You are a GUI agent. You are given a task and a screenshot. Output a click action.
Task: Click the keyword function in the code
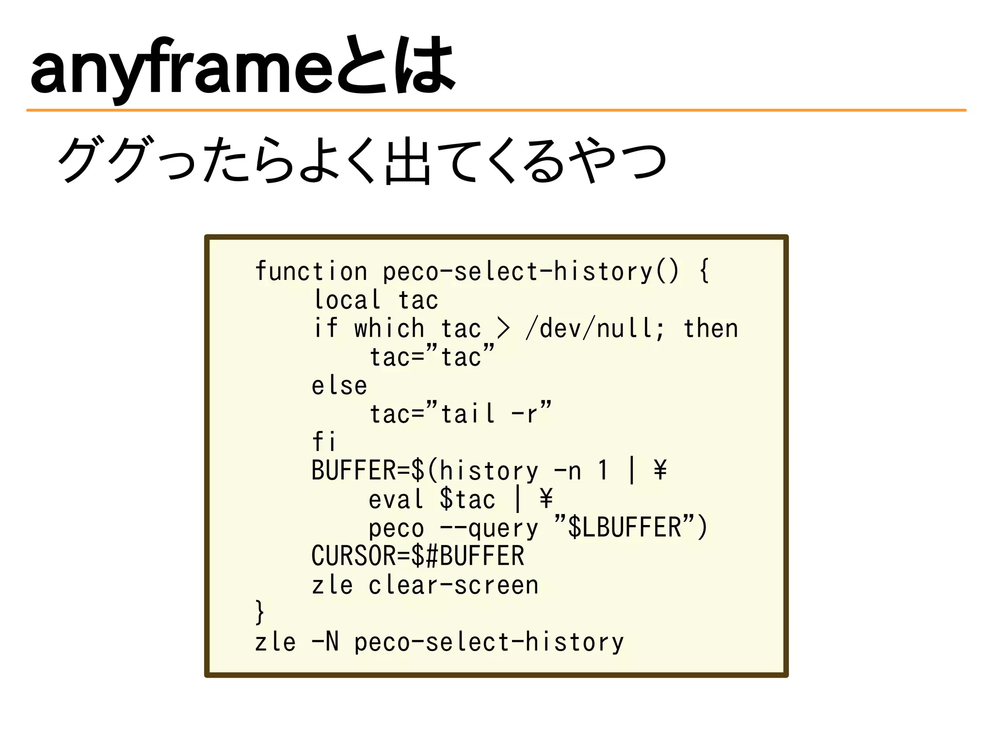[x=311, y=271]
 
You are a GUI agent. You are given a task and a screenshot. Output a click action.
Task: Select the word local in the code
[x=347, y=300]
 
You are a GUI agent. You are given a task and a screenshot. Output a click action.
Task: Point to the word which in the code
[x=389, y=328]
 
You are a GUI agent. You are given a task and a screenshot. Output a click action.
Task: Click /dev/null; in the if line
[x=595, y=328]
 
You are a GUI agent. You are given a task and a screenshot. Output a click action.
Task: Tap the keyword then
[x=711, y=328]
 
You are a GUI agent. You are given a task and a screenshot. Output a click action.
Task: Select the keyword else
[x=339, y=386]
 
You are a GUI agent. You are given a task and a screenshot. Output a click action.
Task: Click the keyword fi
[x=324, y=442]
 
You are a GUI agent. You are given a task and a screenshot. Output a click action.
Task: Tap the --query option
[x=489, y=528]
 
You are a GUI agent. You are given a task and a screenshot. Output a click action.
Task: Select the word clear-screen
[x=453, y=585]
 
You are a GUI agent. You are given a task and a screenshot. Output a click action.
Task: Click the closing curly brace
[x=260, y=612]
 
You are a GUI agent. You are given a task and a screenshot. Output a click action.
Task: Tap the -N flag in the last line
[x=325, y=642]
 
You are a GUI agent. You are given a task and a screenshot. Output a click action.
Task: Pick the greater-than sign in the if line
[x=503, y=328]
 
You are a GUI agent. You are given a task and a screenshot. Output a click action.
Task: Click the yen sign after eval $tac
[x=546, y=499]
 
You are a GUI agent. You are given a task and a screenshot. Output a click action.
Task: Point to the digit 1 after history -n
[x=603, y=470]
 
